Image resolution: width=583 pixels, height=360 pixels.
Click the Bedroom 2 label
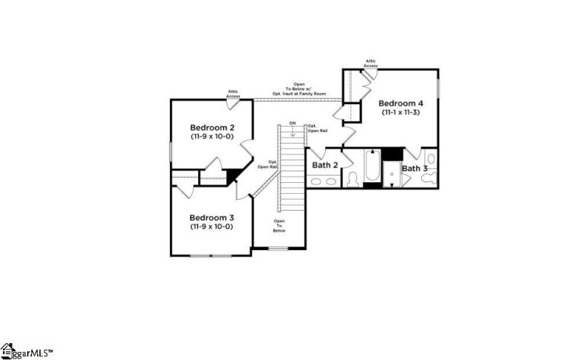point(211,125)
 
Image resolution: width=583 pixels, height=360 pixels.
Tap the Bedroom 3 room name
point(211,217)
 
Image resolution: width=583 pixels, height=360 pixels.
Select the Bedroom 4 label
point(401,103)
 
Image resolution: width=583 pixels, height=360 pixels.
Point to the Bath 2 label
point(325,165)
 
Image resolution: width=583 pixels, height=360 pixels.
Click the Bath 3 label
point(415,168)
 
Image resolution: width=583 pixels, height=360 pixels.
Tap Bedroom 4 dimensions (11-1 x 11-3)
point(401,113)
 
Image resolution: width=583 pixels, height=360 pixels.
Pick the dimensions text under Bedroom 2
point(211,136)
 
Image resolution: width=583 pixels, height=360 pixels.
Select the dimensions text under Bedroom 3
point(211,227)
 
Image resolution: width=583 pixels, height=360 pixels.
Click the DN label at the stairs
point(292,123)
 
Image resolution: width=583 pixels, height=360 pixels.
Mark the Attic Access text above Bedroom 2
point(233,94)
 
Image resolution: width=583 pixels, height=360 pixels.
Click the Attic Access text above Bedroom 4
point(370,63)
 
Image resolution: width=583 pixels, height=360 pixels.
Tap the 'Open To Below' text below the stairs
point(279,225)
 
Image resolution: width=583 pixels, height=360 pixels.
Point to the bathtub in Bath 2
point(372,167)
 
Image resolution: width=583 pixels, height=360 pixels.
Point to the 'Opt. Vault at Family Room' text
point(300,94)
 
